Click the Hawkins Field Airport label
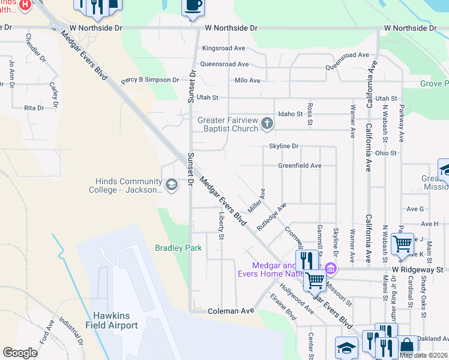tap(115, 320)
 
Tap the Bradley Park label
tap(178, 248)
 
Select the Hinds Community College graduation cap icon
tap(172, 184)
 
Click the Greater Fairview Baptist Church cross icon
tap(267, 125)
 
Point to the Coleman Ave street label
tap(231, 311)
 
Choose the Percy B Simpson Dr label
tap(149, 80)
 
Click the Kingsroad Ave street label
tap(224, 48)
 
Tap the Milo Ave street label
tap(247, 80)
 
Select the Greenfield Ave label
tap(300, 166)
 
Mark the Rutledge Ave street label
tap(271, 216)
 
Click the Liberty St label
tap(221, 226)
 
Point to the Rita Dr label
tap(34, 108)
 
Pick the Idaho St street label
tap(291, 114)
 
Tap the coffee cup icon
tap(192, 6)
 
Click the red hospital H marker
tap(25, 5)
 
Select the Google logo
tap(20, 353)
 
